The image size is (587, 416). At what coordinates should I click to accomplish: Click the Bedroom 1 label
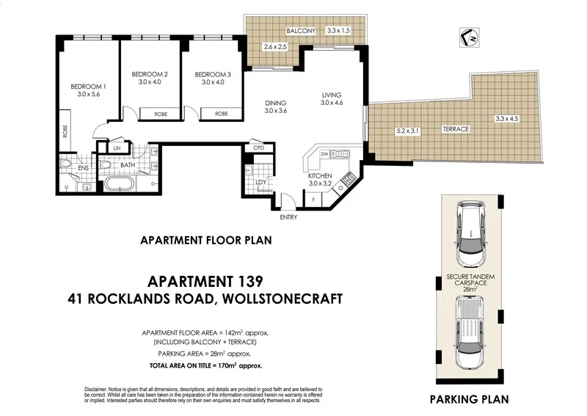88,87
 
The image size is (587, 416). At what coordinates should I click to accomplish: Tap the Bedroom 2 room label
150,74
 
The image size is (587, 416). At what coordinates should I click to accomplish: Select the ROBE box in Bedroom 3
220,114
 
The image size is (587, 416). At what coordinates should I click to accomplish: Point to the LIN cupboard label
117,148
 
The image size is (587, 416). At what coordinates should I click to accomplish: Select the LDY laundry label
260,182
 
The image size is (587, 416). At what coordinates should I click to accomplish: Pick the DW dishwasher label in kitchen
324,154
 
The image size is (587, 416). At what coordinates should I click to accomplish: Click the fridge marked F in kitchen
315,200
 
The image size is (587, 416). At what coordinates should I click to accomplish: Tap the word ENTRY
288,217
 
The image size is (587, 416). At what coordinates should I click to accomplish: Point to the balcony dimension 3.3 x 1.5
339,30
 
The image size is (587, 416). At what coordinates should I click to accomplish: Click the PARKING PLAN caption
469,400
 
